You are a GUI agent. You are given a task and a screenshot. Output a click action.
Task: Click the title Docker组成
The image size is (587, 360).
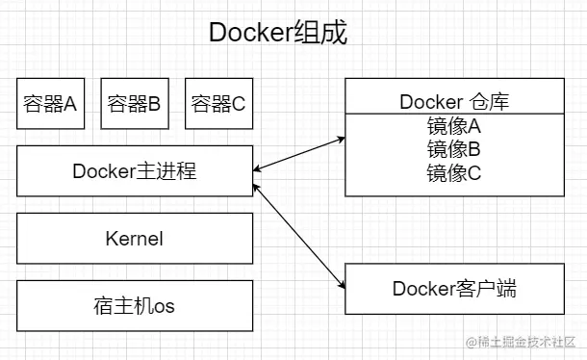pos(278,33)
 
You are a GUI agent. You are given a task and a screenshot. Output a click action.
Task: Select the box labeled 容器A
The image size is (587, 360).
pos(50,104)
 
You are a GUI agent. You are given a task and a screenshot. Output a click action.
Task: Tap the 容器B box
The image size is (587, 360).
pos(134,104)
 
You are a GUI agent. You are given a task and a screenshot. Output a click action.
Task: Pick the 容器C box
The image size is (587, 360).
pos(218,104)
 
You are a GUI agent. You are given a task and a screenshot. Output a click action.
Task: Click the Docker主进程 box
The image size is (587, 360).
pos(135,171)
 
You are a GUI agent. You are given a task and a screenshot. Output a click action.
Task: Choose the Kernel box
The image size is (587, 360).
pos(135,238)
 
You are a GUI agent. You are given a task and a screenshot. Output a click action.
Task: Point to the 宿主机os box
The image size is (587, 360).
pos(135,306)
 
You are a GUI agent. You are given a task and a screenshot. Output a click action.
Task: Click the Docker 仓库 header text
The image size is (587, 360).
pos(453,102)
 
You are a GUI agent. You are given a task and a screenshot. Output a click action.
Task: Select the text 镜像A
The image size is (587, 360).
pos(453,127)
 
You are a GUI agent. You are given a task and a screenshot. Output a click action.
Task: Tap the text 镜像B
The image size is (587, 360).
pos(453,149)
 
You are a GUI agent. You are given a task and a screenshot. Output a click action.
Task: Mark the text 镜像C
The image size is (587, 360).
pos(453,172)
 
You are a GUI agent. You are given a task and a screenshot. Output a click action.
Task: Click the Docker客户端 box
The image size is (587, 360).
pos(454,288)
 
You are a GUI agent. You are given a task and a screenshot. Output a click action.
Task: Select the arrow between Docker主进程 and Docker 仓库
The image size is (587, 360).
pos(298,156)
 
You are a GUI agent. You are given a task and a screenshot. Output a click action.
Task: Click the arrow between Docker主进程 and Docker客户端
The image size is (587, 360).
pos(298,229)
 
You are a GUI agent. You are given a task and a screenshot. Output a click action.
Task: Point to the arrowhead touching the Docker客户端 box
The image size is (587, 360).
pos(341,283)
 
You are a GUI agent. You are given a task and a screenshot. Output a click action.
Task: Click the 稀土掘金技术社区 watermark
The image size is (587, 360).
pos(525,343)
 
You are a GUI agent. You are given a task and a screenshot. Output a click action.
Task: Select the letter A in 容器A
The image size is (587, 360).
pos(70,104)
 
